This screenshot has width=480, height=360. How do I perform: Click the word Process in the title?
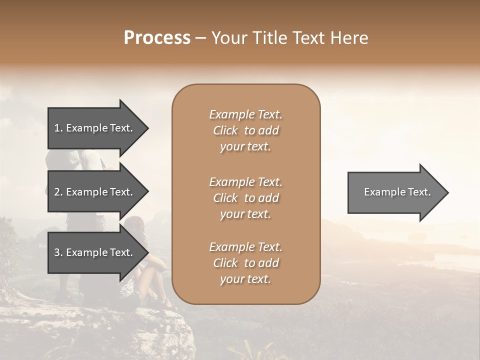157,38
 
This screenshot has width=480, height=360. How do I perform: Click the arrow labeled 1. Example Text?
95,128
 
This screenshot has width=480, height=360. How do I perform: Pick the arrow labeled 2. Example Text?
95,192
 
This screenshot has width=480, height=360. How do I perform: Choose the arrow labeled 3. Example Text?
95,252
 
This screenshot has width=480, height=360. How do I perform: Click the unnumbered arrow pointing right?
395,192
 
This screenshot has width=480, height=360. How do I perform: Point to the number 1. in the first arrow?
58,128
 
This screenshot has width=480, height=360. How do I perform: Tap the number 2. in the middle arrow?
58,192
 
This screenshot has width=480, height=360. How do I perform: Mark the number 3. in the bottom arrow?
58,252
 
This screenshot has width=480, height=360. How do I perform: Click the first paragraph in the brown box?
245,130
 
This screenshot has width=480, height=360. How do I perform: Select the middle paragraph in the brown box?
245,198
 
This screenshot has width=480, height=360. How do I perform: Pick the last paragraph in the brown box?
245,263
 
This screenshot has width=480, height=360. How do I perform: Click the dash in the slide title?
200,38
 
